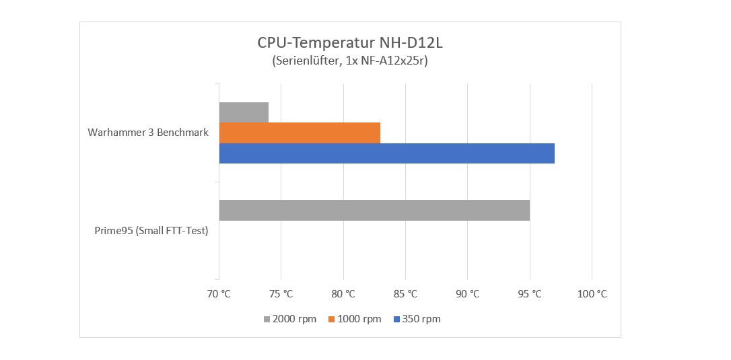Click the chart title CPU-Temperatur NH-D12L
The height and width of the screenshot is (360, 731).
350,43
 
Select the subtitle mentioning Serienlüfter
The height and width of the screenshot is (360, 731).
350,61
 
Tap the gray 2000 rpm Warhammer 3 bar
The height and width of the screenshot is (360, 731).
244,112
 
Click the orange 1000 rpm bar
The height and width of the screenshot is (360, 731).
300,133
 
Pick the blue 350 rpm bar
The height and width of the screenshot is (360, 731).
386,153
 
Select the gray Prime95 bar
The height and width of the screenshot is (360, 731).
374,210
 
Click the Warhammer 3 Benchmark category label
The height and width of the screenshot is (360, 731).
148,133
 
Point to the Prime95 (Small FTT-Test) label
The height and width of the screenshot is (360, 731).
151,231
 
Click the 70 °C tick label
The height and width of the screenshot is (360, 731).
219,294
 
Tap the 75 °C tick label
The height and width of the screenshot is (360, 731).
281,294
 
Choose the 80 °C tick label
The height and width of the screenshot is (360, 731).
343,294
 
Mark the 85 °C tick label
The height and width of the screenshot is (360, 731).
405,294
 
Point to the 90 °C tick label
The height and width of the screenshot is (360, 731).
467,294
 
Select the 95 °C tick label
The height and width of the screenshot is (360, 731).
530,294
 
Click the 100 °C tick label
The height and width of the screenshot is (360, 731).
592,294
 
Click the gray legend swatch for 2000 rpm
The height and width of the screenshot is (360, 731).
267,319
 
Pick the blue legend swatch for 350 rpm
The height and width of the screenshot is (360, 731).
397,319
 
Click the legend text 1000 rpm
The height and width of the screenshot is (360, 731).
360,319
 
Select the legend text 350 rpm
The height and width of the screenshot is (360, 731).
422,319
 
